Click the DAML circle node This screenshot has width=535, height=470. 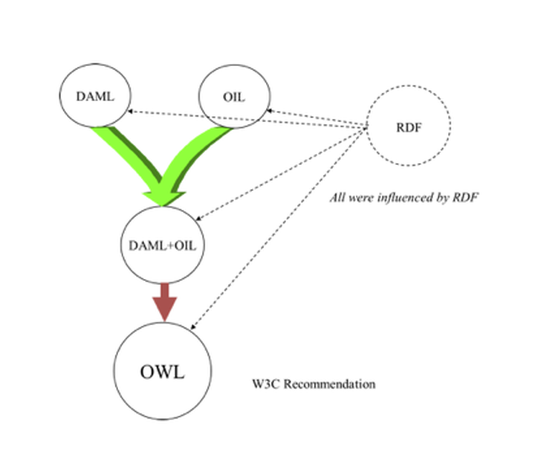tap(94, 96)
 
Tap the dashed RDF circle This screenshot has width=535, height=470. tap(409, 126)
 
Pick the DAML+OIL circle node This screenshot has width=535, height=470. tap(162, 245)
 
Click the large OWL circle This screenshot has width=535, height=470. tap(162, 370)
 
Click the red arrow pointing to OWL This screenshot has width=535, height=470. tap(163, 301)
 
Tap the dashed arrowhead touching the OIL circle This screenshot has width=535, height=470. tap(270, 112)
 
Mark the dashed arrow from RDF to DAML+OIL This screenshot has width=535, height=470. tap(282, 174)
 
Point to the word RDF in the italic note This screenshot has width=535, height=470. tap(464, 199)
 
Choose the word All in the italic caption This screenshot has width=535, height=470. tap(337, 199)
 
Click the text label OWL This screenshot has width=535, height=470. tap(162, 370)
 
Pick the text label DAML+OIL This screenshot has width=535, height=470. tap(162, 245)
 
